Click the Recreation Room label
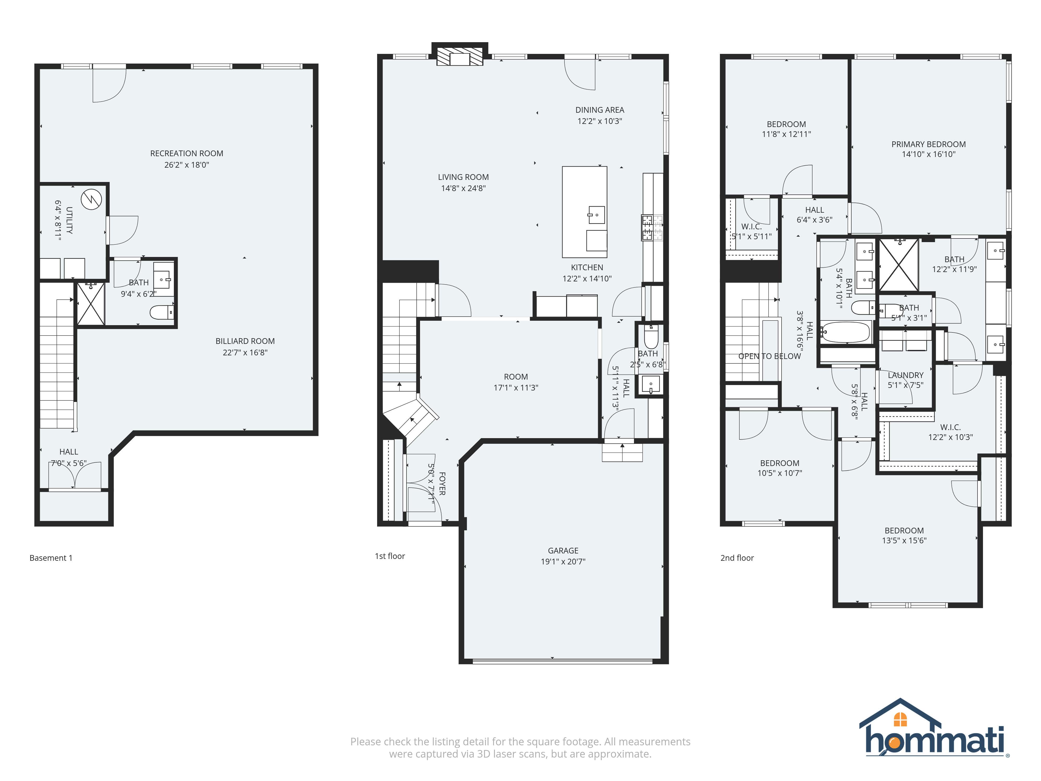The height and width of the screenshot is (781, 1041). point(186,154)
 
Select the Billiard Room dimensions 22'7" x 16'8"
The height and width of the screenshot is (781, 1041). point(245,352)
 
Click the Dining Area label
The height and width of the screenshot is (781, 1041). point(600,110)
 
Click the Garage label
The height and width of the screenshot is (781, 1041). point(563,550)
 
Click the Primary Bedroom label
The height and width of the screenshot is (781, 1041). point(928,144)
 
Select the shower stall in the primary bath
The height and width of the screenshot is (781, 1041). point(898,265)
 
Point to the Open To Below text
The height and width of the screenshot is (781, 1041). point(769,356)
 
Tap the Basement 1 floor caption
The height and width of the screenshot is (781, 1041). point(51,558)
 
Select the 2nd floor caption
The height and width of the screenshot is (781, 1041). point(737,558)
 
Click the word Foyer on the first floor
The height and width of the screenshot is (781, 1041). point(442,483)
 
